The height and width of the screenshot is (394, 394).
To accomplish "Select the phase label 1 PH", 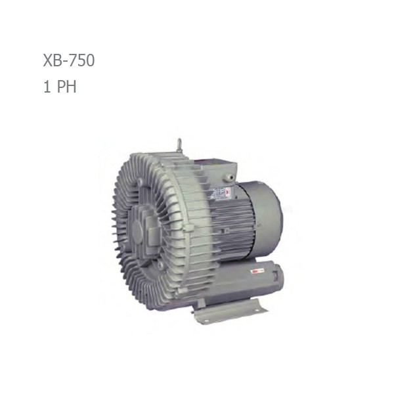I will pos(58,87).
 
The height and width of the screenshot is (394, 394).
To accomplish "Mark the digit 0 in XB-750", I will pos(89,61).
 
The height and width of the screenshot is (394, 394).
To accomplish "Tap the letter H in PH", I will pos(70,87).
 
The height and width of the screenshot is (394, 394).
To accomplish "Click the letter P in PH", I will pos(59,87).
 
